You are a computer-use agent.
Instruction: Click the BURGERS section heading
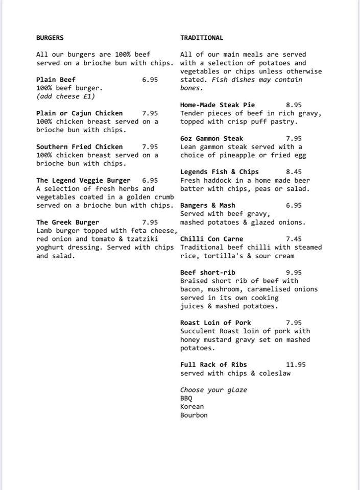pyautogui.click(x=50, y=38)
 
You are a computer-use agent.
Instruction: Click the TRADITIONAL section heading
pyautogui.click(x=202, y=38)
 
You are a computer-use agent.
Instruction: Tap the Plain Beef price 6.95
pyautogui.click(x=150, y=80)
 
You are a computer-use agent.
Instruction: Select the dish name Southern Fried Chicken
pyautogui.click(x=80, y=147)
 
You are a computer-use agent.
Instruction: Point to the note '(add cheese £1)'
pyautogui.click(x=65, y=96)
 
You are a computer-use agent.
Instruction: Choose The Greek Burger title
pyautogui.click(x=68, y=223)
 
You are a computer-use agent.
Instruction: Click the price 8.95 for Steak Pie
pyautogui.click(x=294, y=105)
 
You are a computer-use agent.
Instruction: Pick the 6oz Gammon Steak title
pyautogui.click(x=212, y=138)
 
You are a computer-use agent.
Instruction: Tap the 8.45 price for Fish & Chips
pyautogui.click(x=294, y=172)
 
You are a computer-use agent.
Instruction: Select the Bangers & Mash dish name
pyautogui.click(x=208, y=206)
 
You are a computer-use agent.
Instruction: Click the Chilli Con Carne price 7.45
pyautogui.click(x=294, y=239)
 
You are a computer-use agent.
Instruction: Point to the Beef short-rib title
pyautogui.click(x=208, y=273)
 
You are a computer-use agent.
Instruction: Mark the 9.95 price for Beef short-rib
pyautogui.click(x=294, y=273)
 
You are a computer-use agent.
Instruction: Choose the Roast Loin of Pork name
pyautogui.click(x=215, y=323)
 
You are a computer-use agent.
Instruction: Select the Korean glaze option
pyautogui.click(x=192, y=407)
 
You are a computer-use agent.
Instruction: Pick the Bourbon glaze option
pyautogui.click(x=194, y=415)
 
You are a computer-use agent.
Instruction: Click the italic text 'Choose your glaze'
pyautogui.click(x=213, y=390)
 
